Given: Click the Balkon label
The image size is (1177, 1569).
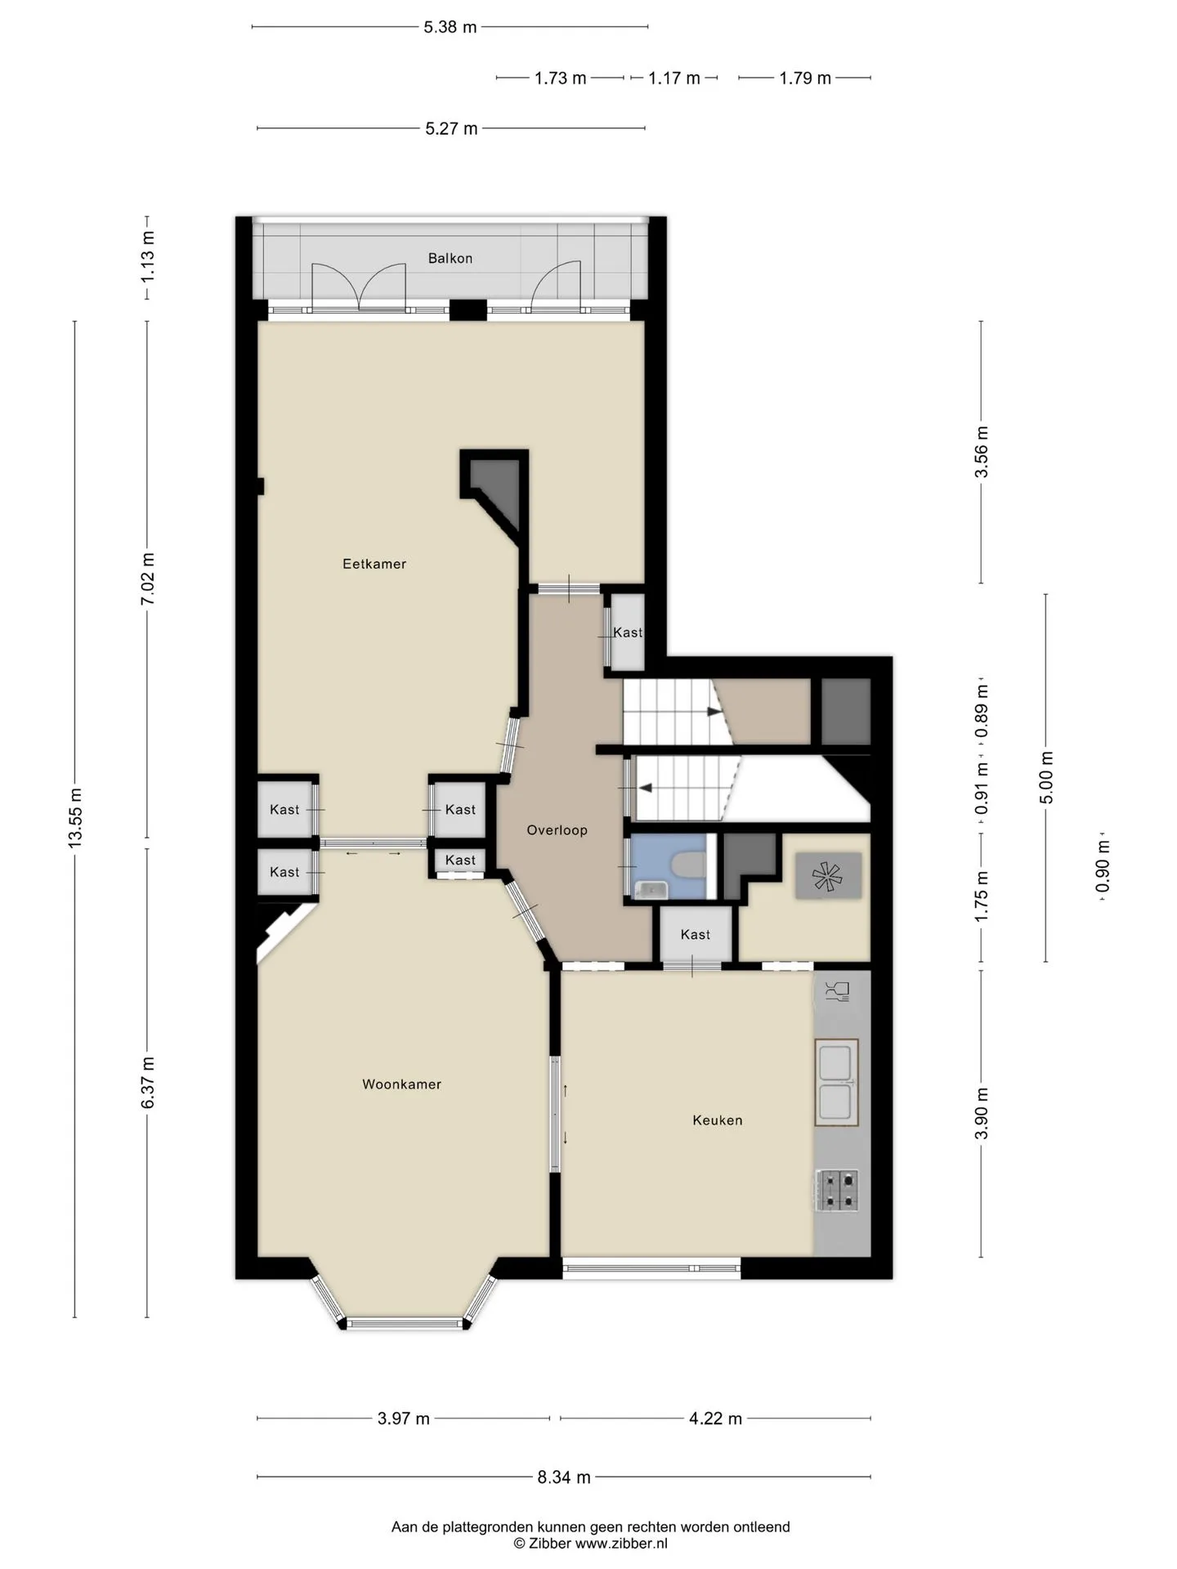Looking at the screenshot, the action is pos(450,258).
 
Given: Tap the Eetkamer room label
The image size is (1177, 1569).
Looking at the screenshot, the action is pos(374,564).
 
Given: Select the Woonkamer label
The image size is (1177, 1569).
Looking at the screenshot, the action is pos(402,1084).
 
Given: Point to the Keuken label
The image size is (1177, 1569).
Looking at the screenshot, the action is pos(718,1120).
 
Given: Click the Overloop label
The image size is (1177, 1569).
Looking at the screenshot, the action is pos(557,830).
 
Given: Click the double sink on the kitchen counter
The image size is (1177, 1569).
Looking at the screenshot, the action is pos(836,1083).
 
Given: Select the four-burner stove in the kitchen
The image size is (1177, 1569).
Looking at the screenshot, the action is pos(837,1190).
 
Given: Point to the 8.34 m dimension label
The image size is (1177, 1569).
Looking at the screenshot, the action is pos(564,1477).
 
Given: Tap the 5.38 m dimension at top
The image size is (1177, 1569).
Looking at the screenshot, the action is pos(450,27).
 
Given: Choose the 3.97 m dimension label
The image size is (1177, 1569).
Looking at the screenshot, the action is pos(404,1419).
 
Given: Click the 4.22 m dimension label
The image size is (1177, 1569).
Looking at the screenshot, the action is pos(715,1419).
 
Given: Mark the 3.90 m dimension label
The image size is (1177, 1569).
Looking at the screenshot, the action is pos(982,1113).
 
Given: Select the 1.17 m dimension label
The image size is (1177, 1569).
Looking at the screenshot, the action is pos(674,78).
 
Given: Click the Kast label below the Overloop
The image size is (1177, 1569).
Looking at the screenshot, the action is pos(696,935).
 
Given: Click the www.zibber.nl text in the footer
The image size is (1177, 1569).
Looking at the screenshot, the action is pos(621,1544).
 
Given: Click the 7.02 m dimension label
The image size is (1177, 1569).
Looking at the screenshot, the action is pos(148,579).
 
